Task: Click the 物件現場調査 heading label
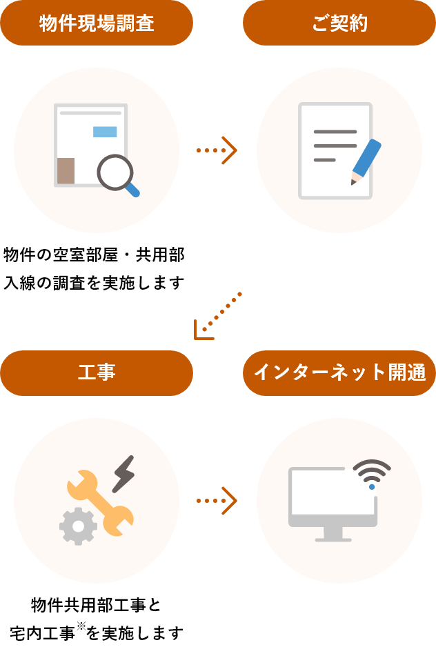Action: [x=97, y=23]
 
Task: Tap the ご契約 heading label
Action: [x=339, y=23]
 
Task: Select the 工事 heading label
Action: [x=97, y=373]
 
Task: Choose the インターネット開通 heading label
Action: [x=339, y=373]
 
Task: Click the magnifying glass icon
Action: [x=115, y=172]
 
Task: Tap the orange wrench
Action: [x=101, y=501]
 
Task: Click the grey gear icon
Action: [x=78, y=527]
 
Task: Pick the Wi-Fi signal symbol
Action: [x=372, y=471]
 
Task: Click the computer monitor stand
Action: [x=333, y=534]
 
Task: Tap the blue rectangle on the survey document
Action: [x=105, y=132]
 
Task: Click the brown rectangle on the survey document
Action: [x=66, y=171]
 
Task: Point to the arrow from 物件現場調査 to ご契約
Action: [x=217, y=150]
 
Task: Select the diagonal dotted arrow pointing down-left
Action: [x=217, y=316]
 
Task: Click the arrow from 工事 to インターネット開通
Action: [x=217, y=501]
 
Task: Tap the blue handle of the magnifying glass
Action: [x=133, y=190]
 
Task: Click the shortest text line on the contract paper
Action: [x=324, y=160]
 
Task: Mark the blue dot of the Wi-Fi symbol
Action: [x=372, y=487]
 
